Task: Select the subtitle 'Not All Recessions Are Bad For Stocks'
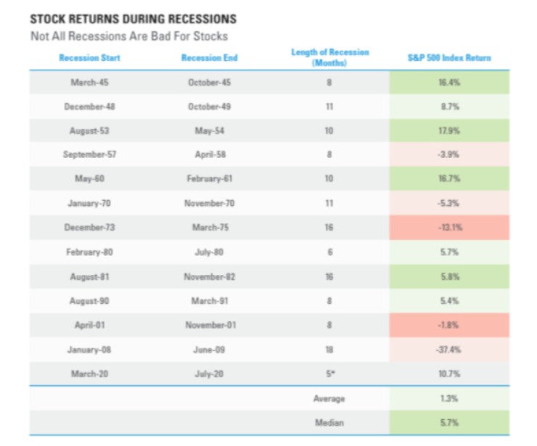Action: coord(128,36)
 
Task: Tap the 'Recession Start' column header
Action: coord(90,58)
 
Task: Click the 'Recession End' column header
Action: coord(209,58)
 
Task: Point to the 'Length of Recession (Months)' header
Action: coord(329,57)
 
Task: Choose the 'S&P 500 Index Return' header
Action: coord(449,58)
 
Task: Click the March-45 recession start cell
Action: coord(90,83)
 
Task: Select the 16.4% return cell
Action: coord(449,83)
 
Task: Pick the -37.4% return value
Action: coord(449,350)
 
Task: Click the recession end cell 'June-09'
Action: coord(209,350)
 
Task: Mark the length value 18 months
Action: coord(329,350)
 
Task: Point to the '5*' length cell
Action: coord(329,374)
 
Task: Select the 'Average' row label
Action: coord(329,399)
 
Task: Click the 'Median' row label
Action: coord(329,423)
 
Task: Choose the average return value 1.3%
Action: coord(449,399)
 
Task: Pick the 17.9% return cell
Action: coord(449,131)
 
